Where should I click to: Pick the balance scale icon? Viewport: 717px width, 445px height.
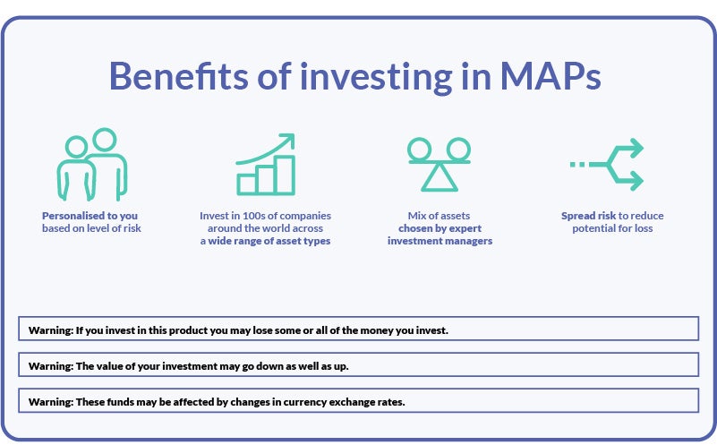pos(439,165)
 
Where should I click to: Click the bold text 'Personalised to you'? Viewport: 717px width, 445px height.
pos(90,216)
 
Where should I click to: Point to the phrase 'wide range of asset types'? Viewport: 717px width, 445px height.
pos(269,242)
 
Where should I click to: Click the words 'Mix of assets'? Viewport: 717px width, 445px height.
pos(440,216)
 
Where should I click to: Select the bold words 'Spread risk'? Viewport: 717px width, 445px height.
pos(589,216)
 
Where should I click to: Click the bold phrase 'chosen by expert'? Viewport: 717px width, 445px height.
pos(440,228)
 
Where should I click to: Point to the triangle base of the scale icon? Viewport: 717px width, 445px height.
pos(439,179)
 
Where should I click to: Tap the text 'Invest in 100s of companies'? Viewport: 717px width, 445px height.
pos(265,216)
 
